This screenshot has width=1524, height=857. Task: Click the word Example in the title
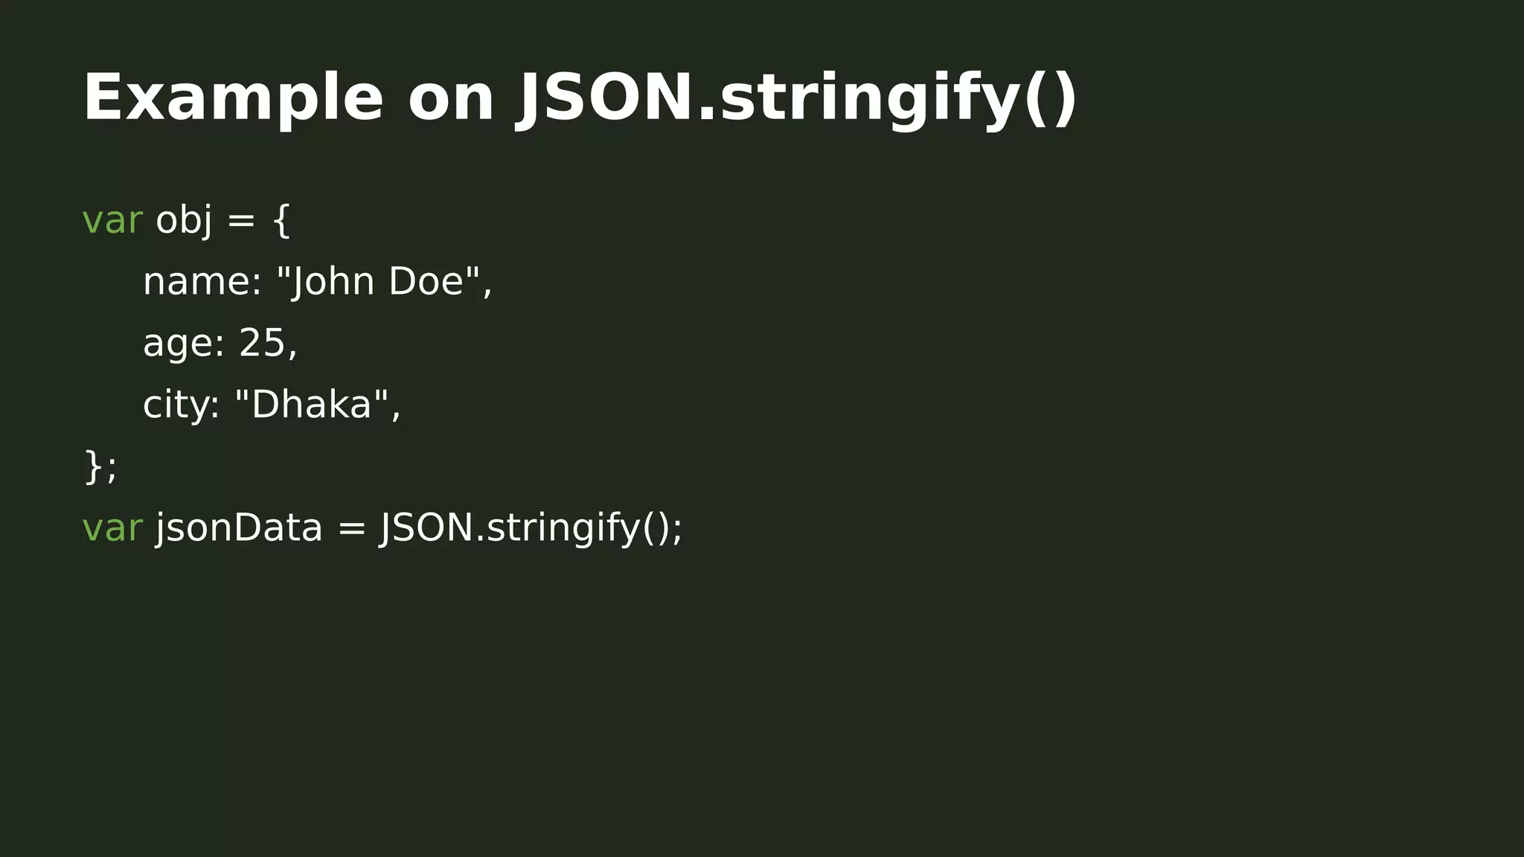(233, 98)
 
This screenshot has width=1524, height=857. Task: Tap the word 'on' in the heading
(451, 98)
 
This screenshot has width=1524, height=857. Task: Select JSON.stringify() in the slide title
(796, 98)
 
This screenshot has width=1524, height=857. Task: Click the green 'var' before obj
(112, 220)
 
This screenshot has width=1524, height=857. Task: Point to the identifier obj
(184, 220)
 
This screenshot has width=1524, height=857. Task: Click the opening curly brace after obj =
(281, 221)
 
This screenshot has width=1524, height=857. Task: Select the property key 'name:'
(202, 282)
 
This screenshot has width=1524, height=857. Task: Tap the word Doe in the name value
(426, 282)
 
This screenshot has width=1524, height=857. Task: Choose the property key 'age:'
(183, 344)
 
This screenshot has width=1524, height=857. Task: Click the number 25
(262, 344)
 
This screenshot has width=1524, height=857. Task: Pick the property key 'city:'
(181, 405)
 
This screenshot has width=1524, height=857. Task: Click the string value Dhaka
(312, 405)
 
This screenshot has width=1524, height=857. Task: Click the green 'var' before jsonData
(112, 528)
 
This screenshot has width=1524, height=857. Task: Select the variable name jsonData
(239, 528)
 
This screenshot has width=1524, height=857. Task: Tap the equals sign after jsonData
(352, 528)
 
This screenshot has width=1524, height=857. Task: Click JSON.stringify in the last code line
(510, 528)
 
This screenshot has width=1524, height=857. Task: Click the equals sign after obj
(241, 220)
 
